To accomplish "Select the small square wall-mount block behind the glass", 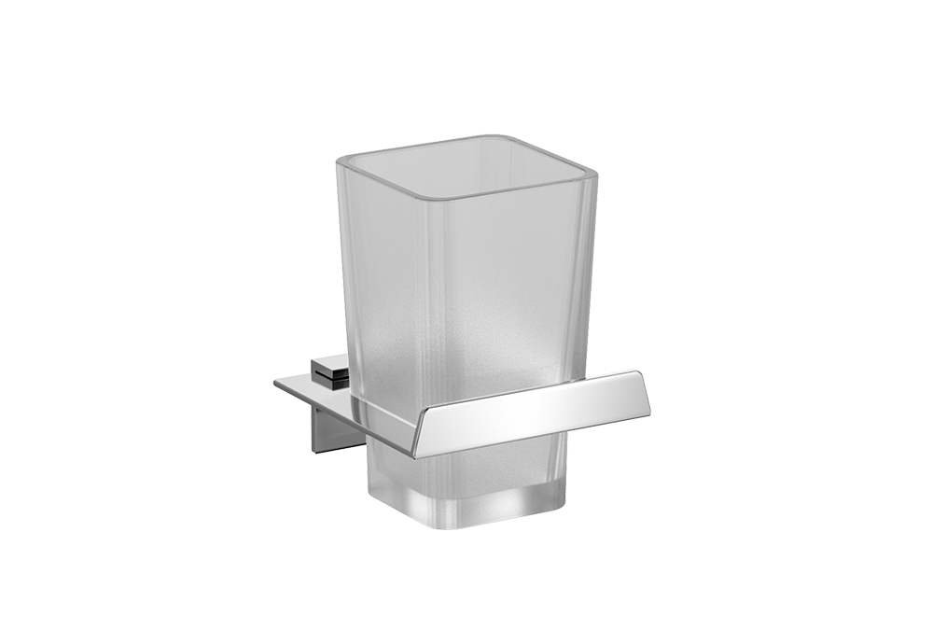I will click(x=330, y=370).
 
